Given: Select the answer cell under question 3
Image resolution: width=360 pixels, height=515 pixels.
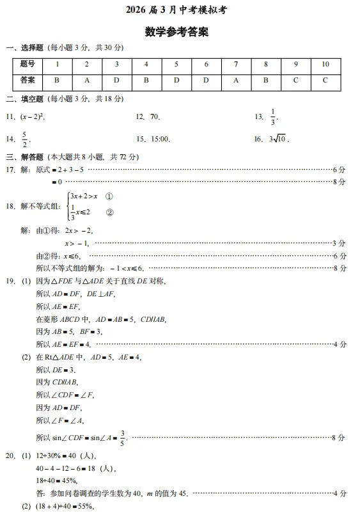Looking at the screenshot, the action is (x=116, y=80).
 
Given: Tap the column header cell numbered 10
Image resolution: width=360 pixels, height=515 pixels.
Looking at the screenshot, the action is (x=325, y=64).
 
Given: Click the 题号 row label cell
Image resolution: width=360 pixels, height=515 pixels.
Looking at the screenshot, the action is (x=27, y=64).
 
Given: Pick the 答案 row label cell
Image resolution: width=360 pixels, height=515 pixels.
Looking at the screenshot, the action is (x=27, y=80).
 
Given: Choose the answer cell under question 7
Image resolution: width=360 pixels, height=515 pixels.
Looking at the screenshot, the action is (x=236, y=80).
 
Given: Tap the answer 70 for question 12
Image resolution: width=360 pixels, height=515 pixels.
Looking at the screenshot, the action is (x=155, y=117).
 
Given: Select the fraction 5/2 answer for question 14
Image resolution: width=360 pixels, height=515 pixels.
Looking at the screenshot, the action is (x=25, y=139).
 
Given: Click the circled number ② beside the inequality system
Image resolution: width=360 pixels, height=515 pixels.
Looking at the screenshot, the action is (x=109, y=213).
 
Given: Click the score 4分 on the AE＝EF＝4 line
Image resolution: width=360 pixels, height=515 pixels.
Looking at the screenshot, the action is (x=340, y=345).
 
